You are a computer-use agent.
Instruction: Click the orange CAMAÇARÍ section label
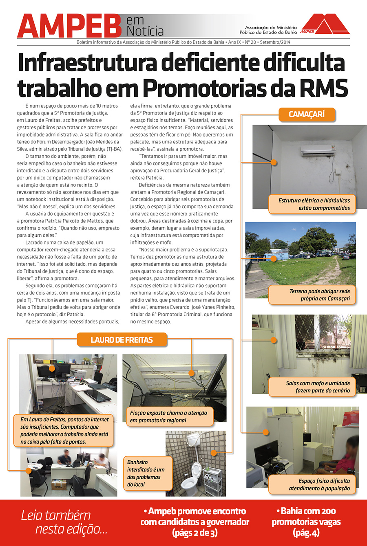click(x=307, y=114)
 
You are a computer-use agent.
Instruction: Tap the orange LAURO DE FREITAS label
click(x=122, y=340)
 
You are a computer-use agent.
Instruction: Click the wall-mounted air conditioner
click(x=318, y=150)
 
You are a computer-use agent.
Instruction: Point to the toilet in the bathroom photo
click(x=191, y=477)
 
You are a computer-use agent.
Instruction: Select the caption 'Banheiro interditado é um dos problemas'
click(x=147, y=473)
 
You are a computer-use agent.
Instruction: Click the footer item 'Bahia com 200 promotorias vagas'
click(x=306, y=522)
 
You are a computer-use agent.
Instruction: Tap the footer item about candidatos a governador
click(x=195, y=522)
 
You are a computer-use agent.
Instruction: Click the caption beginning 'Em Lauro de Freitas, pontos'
click(x=64, y=430)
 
